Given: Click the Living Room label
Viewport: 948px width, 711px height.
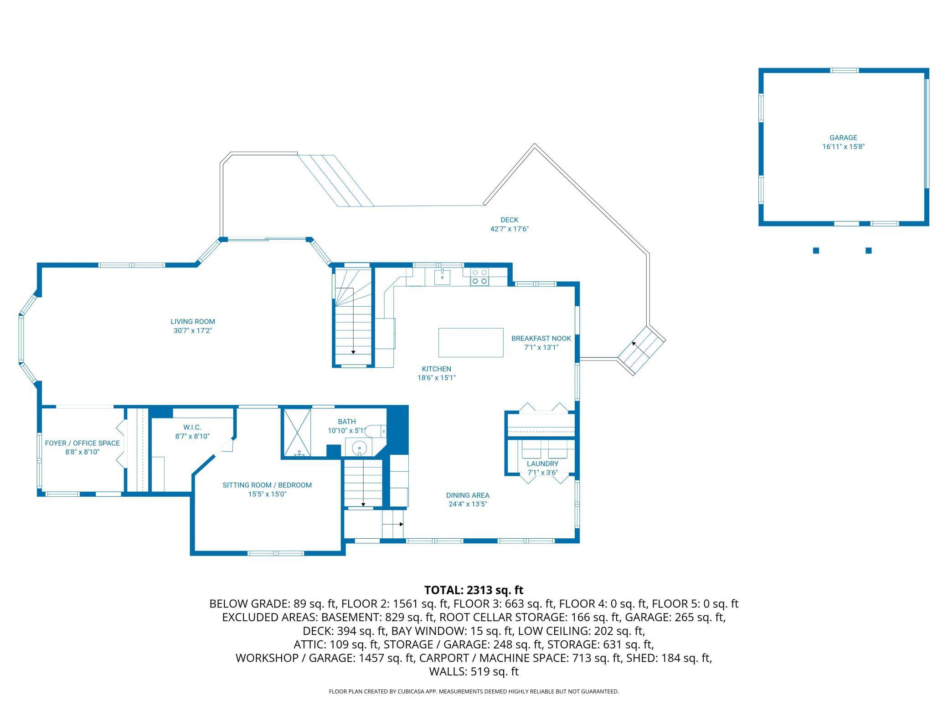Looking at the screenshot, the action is (193, 321).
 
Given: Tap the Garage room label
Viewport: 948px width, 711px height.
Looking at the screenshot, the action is (843, 137).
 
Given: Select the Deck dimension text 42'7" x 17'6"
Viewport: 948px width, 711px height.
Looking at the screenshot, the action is (509, 229).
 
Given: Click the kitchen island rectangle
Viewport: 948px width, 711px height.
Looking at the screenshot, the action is (471, 342).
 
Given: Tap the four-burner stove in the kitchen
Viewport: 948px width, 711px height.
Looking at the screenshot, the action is (479, 277).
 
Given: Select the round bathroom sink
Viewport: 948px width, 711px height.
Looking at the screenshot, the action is (360, 447).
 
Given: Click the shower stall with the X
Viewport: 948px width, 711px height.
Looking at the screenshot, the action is (297, 432).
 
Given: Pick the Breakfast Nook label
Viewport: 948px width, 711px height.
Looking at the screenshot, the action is (541, 338).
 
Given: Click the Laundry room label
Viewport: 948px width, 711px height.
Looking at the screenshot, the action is (542, 464).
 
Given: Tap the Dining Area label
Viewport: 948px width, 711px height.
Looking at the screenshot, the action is (468, 495).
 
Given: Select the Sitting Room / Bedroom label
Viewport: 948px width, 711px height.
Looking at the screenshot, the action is (267, 485).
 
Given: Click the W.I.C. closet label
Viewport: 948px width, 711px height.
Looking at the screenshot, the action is (192, 427).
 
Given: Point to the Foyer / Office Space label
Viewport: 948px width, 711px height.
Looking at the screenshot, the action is (82, 443).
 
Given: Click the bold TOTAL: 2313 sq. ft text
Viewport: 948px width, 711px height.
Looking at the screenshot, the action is (474, 590).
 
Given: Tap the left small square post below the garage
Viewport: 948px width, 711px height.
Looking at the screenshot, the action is (816, 250).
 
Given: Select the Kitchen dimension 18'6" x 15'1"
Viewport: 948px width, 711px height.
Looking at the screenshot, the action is (437, 377).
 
